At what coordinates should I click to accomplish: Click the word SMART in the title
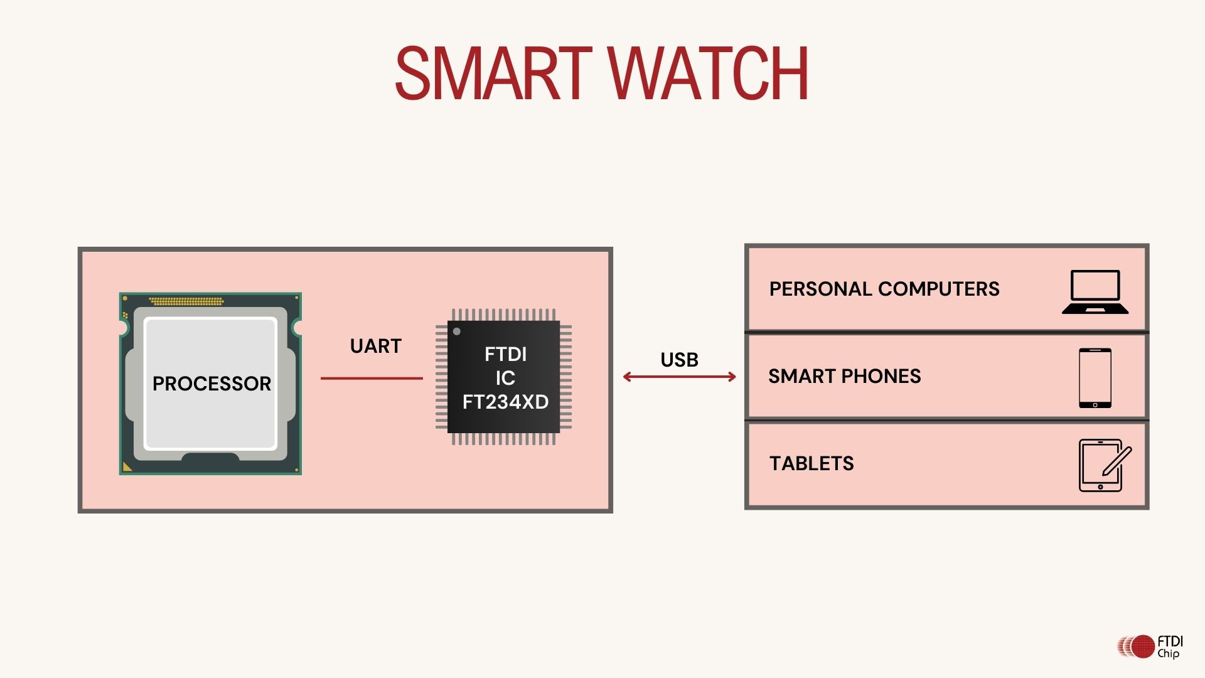click(493, 74)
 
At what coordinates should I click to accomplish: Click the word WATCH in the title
click(708, 74)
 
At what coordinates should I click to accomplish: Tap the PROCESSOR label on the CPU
click(212, 384)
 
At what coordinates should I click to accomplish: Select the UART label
click(375, 346)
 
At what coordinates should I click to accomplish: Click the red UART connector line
click(372, 379)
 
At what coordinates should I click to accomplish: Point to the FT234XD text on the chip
click(505, 402)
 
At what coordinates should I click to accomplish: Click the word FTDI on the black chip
click(505, 355)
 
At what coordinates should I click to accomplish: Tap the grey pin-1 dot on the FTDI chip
click(457, 331)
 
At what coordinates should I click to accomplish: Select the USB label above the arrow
click(679, 360)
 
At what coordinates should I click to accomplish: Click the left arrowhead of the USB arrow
click(627, 377)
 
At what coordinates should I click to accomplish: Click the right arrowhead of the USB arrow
click(732, 377)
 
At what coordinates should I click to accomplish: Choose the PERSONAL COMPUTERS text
click(884, 289)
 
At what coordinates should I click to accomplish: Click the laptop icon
click(1095, 292)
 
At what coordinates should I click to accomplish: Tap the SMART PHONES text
click(844, 376)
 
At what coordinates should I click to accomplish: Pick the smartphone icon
click(1095, 378)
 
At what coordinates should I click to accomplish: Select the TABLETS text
click(811, 463)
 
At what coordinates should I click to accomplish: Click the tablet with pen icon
click(1103, 465)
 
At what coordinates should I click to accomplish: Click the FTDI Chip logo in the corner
click(1150, 647)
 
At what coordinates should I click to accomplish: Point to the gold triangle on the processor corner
click(127, 466)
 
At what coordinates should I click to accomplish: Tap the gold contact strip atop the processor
click(186, 301)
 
